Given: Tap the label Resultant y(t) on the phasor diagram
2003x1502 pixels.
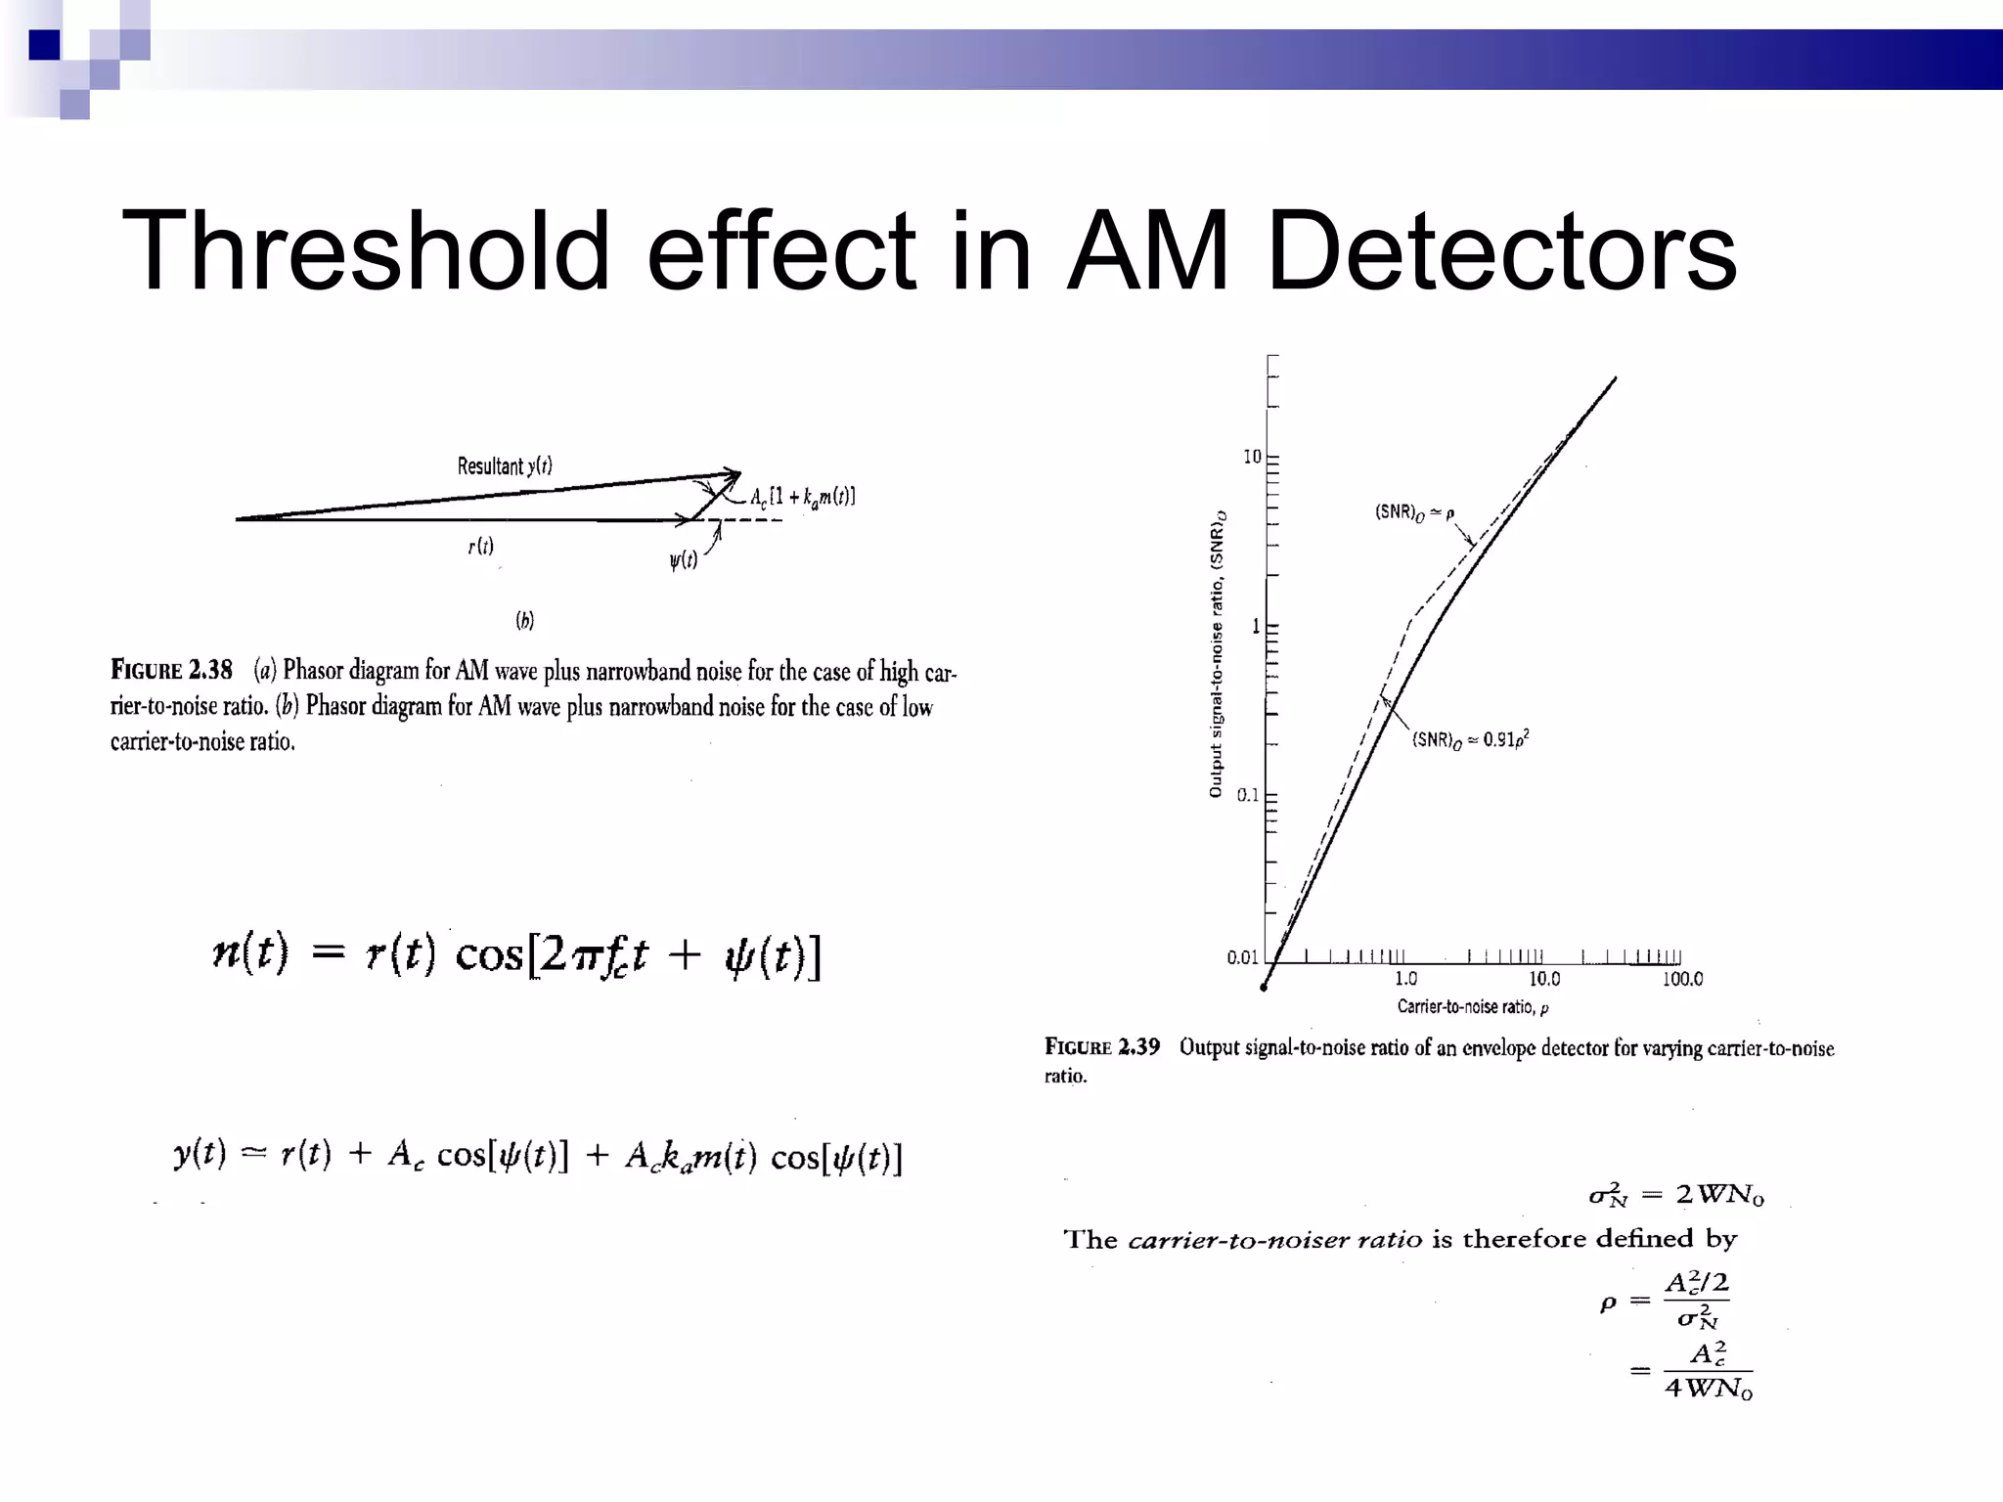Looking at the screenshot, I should pos(505,465).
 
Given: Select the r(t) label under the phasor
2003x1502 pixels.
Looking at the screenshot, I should pos(480,547).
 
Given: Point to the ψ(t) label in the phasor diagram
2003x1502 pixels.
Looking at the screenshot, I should pos(683,560).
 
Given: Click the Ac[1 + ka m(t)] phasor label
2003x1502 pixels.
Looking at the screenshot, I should pos(802,497).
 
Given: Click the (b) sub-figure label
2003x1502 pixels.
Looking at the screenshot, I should pos(525,620).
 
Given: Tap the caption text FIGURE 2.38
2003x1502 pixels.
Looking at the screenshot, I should pos(171,670).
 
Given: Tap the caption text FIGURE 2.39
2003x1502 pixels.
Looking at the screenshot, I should pos(1102,1047).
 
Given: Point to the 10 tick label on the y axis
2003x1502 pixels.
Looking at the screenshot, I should pos(1252,457).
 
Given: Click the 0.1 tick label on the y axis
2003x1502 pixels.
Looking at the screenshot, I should pos(1247,795).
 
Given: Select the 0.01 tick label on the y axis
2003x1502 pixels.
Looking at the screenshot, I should pos(1242,957).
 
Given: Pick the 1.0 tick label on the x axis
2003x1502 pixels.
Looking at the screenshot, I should pos(1405,979).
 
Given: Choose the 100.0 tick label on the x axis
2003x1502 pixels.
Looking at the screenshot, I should pos(1682,979).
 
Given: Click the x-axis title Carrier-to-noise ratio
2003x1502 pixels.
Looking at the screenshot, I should pos(1472,1006).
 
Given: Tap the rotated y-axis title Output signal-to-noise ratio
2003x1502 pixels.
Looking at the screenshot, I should pos(1217,660).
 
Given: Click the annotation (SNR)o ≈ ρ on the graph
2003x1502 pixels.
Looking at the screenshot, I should pos(1414,511).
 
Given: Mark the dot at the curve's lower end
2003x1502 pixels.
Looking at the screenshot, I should pos(1264,988).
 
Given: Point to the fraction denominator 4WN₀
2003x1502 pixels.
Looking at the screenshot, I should pos(1708,1388).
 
